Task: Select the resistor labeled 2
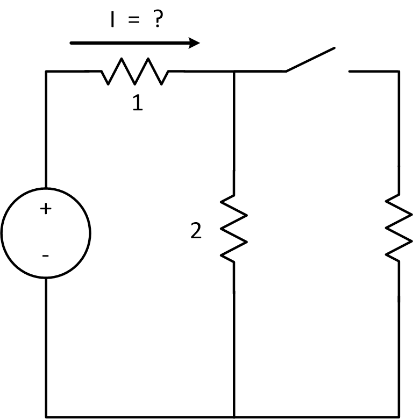pyautogui.click(x=234, y=229)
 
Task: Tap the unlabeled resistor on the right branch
pyautogui.click(x=398, y=229)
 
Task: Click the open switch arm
pyautogui.click(x=311, y=59)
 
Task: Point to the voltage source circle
pyautogui.click(x=46, y=233)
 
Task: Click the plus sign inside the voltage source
pyautogui.click(x=46, y=209)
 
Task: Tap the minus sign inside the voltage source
pyautogui.click(x=46, y=256)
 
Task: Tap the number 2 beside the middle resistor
pyautogui.click(x=196, y=231)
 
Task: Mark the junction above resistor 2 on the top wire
pyautogui.click(x=234, y=71)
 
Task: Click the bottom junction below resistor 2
pyautogui.click(x=234, y=416)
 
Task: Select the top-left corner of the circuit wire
pyautogui.click(x=46, y=71)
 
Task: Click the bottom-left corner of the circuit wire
pyautogui.click(x=46, y=416)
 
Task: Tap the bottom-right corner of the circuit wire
pyautogui.click(x=398, y=416)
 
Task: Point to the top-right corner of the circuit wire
pyautogui.click(x=398, y=71)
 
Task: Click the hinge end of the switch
pyautogui.click(x=286, y=70)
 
